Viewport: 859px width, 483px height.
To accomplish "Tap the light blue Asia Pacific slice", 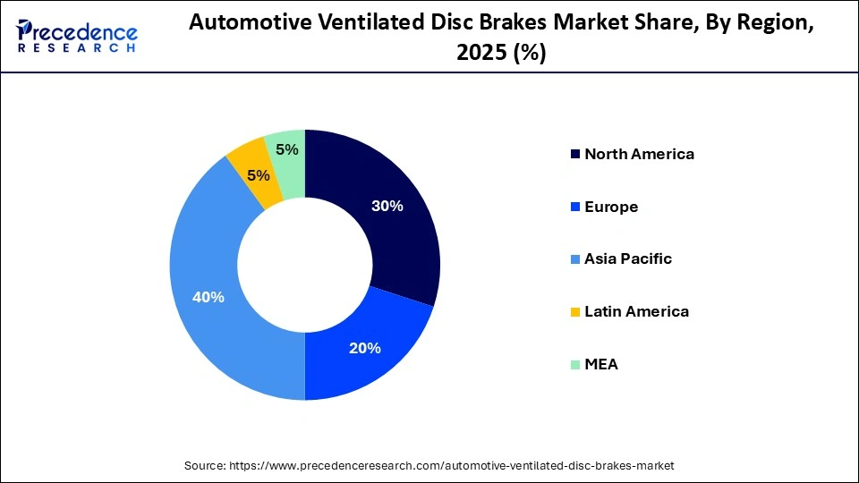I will tap(215, 268).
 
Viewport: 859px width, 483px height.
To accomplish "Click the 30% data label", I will tap(387, 206).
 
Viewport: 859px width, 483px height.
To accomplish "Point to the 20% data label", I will tap(365, 348).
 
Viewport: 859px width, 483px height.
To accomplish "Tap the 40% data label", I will tap(208, 297).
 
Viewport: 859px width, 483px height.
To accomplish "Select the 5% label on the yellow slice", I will tap(259, 176).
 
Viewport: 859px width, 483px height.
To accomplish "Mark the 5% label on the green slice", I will tap(287, 150).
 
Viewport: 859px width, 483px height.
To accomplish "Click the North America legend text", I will tap(639, 154).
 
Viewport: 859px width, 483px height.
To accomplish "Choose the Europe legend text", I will tap(611, 207).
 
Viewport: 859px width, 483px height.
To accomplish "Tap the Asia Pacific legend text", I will tap(627, 259).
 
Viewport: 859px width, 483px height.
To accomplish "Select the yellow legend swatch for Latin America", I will tap(574, 312).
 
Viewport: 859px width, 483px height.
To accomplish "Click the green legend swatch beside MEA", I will tap(574, 365).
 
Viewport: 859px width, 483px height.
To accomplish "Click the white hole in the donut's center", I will tap(305, 265).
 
